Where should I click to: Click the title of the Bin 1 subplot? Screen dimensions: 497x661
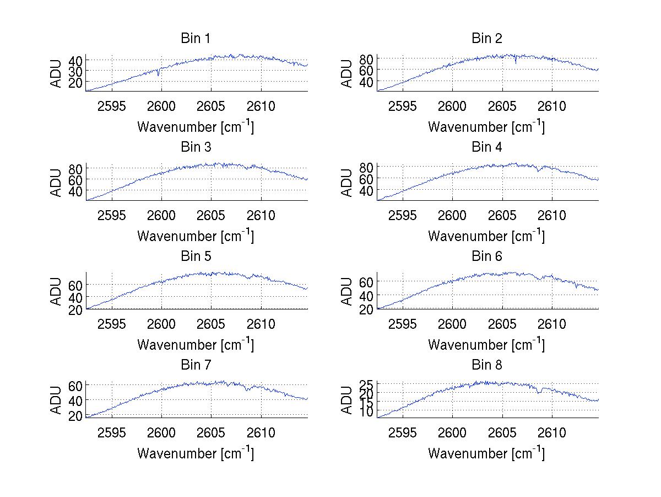pos(196,39)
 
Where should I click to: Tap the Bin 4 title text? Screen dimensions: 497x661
pos(487,147)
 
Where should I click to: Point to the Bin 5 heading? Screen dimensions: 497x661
pos(196,256)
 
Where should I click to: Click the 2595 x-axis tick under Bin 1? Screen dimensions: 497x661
pos(112,106)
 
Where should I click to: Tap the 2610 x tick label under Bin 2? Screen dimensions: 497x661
pos(552,106)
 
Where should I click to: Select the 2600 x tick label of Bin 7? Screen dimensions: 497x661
pos(161,432)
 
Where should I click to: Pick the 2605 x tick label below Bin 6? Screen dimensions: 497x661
pos(502,324)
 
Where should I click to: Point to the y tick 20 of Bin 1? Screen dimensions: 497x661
pos(75,82)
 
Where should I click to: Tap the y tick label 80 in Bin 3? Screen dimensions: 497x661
pos(75,168)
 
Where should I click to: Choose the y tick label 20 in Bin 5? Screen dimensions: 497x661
pos(75,309)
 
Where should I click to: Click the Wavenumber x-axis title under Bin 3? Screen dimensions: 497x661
pos(196,236)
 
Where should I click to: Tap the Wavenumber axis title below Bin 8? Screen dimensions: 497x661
pos(486,453)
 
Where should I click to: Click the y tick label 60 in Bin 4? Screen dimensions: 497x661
pos(367,179)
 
